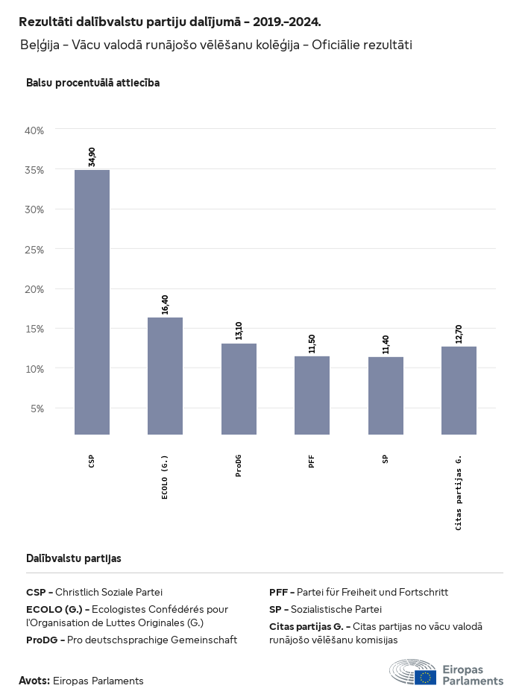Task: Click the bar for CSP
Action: (92, 302)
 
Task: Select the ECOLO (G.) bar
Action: (165, 376)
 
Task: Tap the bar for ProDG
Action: (239, 388)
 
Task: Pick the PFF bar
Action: (312, 395)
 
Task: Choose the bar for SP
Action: (386, 395)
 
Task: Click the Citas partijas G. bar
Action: (459, 390)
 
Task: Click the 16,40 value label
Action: (165, 304)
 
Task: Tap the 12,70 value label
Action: (459, 333)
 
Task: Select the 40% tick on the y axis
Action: (35, 130)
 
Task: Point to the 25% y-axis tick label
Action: (35, 249)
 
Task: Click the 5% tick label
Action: (37, 409)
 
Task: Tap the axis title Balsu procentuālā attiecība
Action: (92, 83)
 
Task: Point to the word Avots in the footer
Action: (34, 681)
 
